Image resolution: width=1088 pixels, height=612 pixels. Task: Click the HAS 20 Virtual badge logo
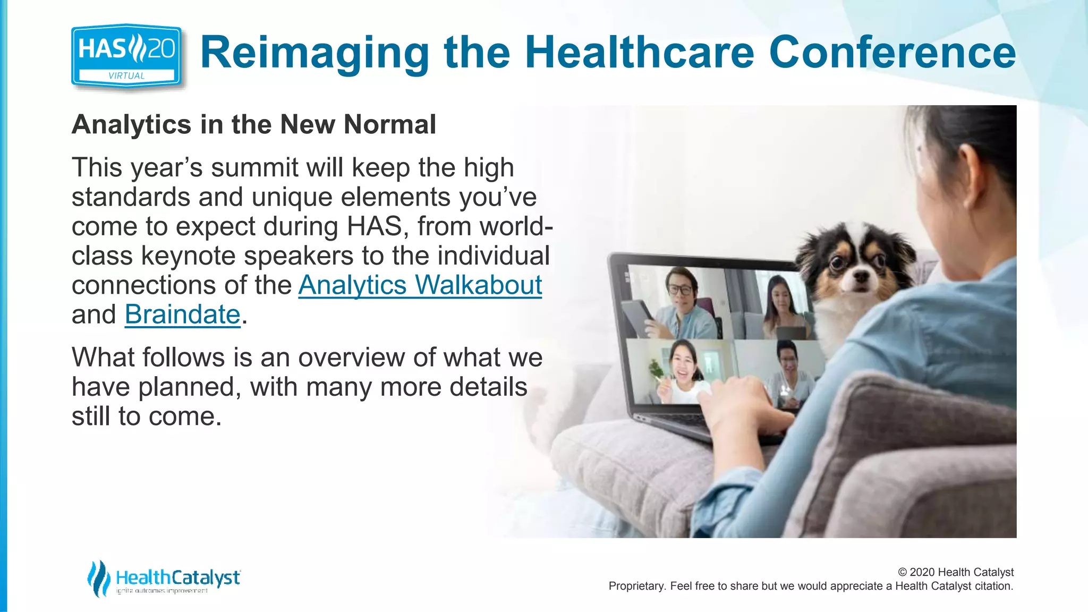click(126, 56)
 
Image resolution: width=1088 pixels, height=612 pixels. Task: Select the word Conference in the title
click(892, 52)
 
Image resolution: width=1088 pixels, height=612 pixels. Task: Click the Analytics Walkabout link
click(420, 285)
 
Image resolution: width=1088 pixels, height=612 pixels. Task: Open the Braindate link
click(182, 314)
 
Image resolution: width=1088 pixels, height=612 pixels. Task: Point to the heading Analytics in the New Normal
click(253, 125)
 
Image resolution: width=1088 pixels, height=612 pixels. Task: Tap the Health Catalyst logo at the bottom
click(164, 579)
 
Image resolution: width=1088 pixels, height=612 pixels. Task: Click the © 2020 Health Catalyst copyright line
click(955, 572)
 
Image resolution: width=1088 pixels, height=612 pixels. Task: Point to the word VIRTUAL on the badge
click(126, 76)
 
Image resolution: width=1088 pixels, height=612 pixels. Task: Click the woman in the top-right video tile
click(780, 305)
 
